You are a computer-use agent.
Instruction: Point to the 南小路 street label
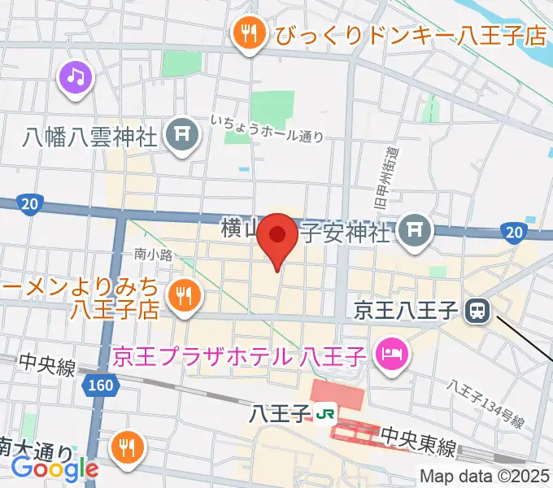coord(154,255)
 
